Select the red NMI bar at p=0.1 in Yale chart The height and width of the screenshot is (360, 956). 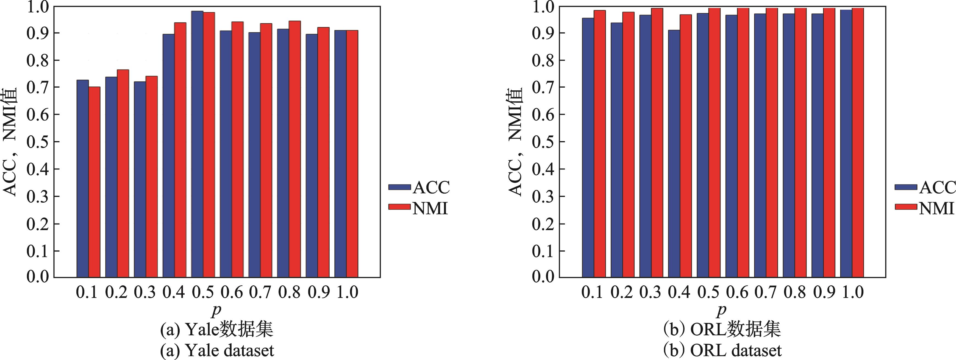click(x=94, y=182)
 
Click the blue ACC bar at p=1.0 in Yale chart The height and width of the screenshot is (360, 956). click(x=340, y=154)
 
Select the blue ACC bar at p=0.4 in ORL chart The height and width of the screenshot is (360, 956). click(x=674, y=154)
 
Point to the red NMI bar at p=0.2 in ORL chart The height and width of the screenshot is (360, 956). click(x=628, y=145)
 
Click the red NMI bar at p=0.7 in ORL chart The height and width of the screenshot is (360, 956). click(x=772, y=143)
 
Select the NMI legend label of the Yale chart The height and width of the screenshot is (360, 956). click(x=430, y=209)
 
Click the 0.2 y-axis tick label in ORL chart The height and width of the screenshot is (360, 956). click(x=543, y=224)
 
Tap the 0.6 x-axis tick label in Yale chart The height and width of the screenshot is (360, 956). click(x=232, y=293)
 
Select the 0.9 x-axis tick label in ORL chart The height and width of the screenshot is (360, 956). click(x=824, y=293)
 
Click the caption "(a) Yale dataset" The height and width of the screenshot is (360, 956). click(x=217, y=350)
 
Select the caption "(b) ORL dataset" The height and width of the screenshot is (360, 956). click(x=722, y=350)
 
